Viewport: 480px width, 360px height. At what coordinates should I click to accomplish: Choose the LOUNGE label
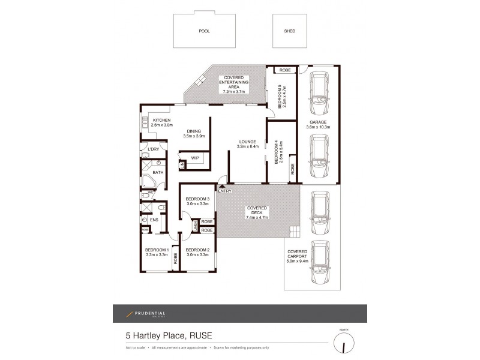pos(247,143)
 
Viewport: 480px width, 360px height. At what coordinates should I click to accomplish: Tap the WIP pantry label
pos(195,158)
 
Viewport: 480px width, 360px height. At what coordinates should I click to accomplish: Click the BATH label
pos(158,173)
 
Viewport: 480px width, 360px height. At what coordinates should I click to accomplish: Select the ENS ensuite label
pos(154,220)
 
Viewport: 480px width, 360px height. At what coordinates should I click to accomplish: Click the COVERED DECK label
pos(257,210)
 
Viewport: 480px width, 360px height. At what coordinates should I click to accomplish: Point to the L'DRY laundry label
pos(154,148)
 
